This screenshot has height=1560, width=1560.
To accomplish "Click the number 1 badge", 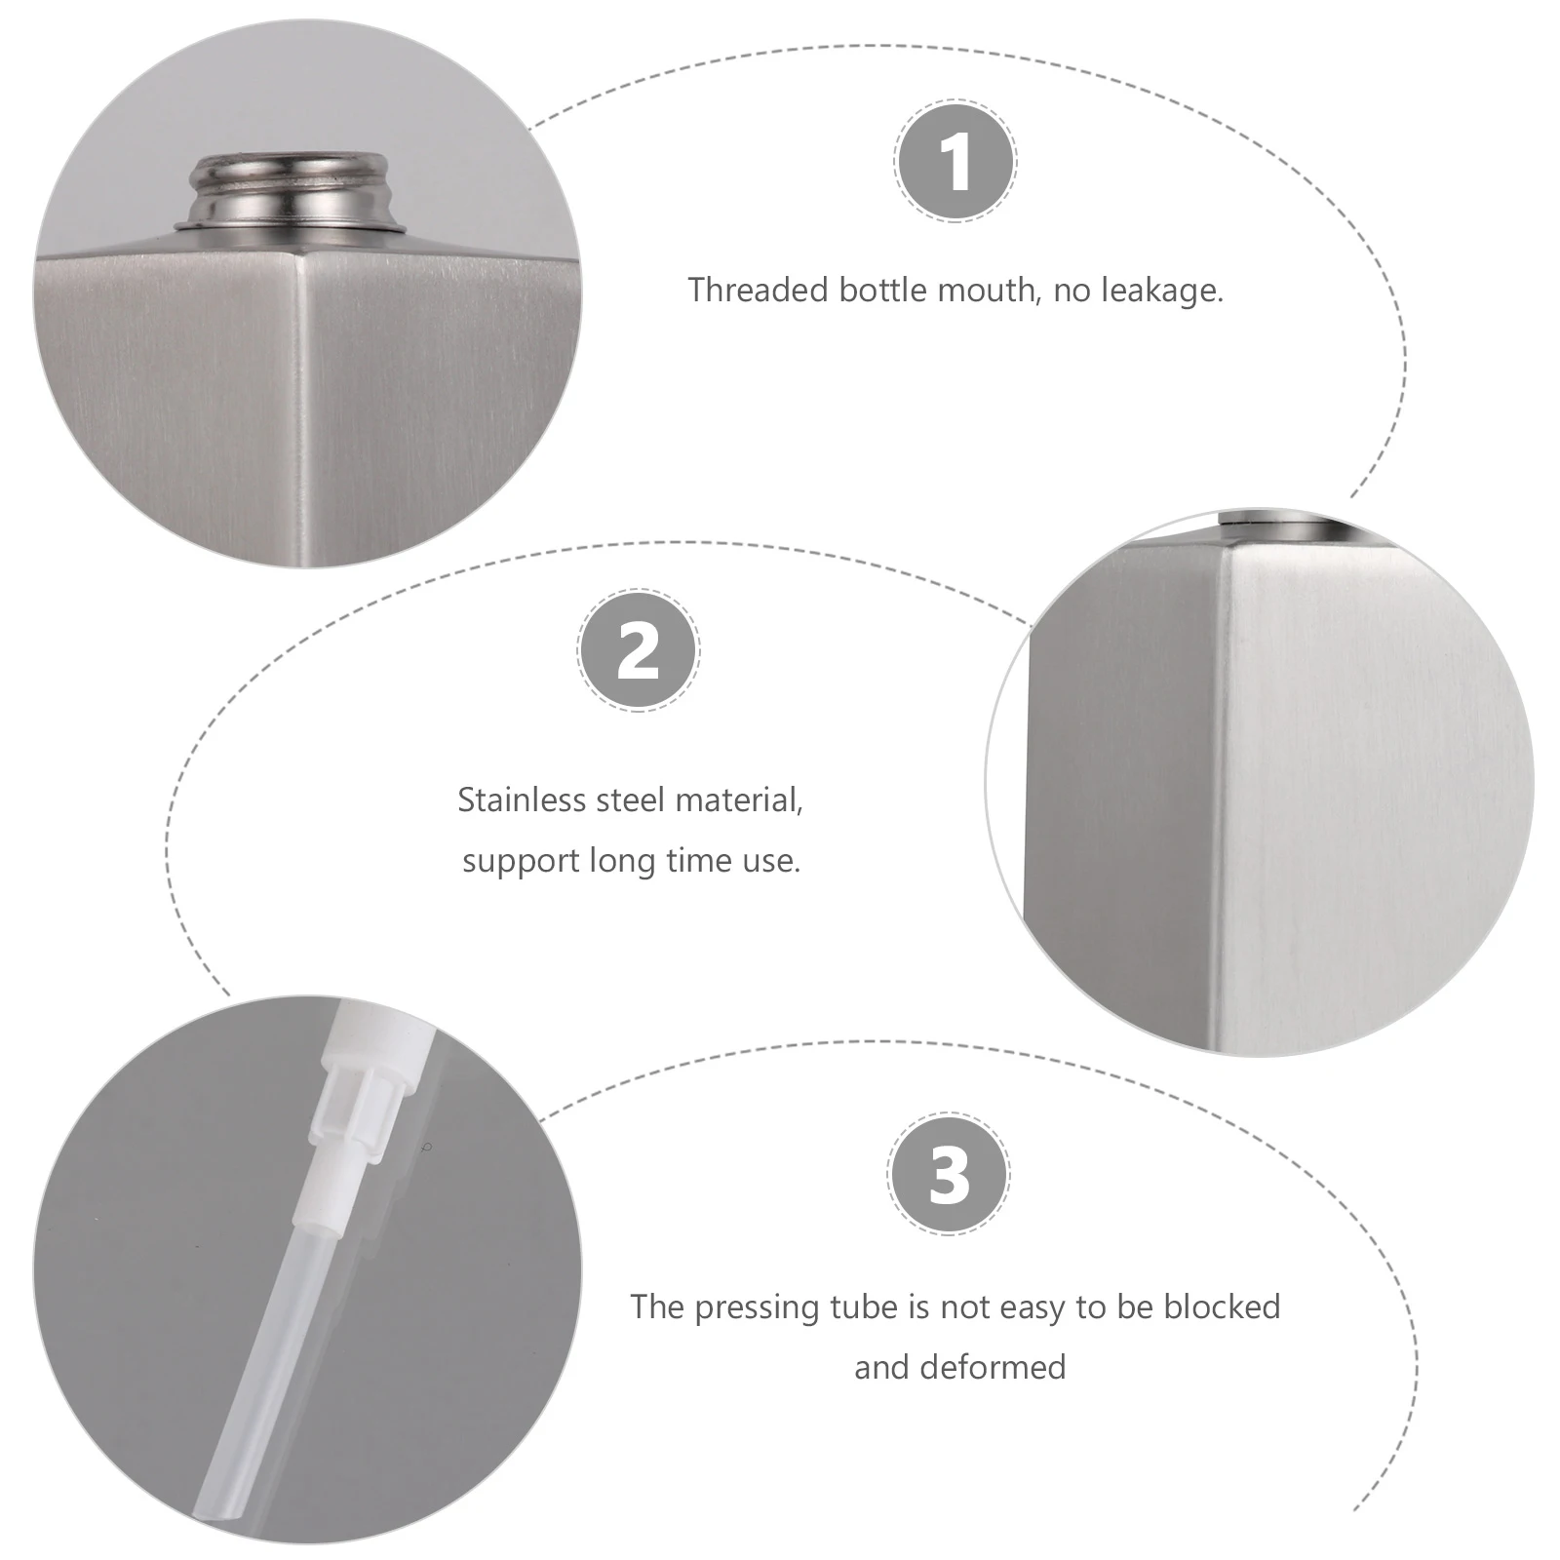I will pos(955,161).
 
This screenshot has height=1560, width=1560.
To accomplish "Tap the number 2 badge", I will pos(639,650).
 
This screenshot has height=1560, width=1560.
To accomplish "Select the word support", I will pos(520,862).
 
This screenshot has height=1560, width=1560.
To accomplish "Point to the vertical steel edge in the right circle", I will pos(1219,799).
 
